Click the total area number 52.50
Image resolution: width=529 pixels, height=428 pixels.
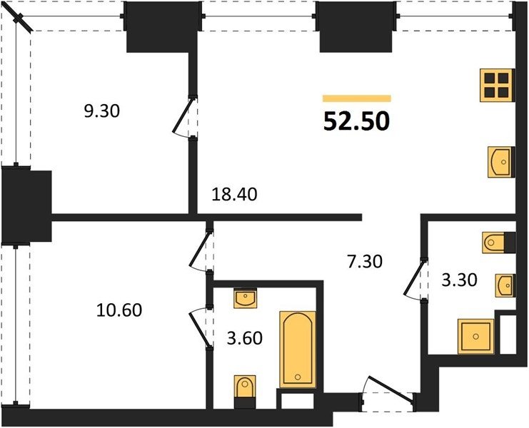[357, 121]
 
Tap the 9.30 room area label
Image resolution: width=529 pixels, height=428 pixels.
[102, 111]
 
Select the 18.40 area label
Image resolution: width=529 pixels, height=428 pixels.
[234, 195]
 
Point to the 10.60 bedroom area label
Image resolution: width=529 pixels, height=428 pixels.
[119, 310]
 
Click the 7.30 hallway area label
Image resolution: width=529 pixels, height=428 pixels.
[365, 262]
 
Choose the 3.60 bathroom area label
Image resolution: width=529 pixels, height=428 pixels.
[245, 338]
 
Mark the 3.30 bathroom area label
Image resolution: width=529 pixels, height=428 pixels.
[460, 280]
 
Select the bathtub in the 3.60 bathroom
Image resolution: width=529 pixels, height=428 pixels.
[298, 350]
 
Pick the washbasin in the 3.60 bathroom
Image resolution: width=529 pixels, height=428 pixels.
[246, 298]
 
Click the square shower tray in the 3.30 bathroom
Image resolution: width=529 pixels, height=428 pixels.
[475, 336]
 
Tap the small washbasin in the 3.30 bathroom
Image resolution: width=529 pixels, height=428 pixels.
[505, 286]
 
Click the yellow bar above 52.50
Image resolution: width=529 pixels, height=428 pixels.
[357, 98]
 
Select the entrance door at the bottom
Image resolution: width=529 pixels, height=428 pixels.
[389, 389]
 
